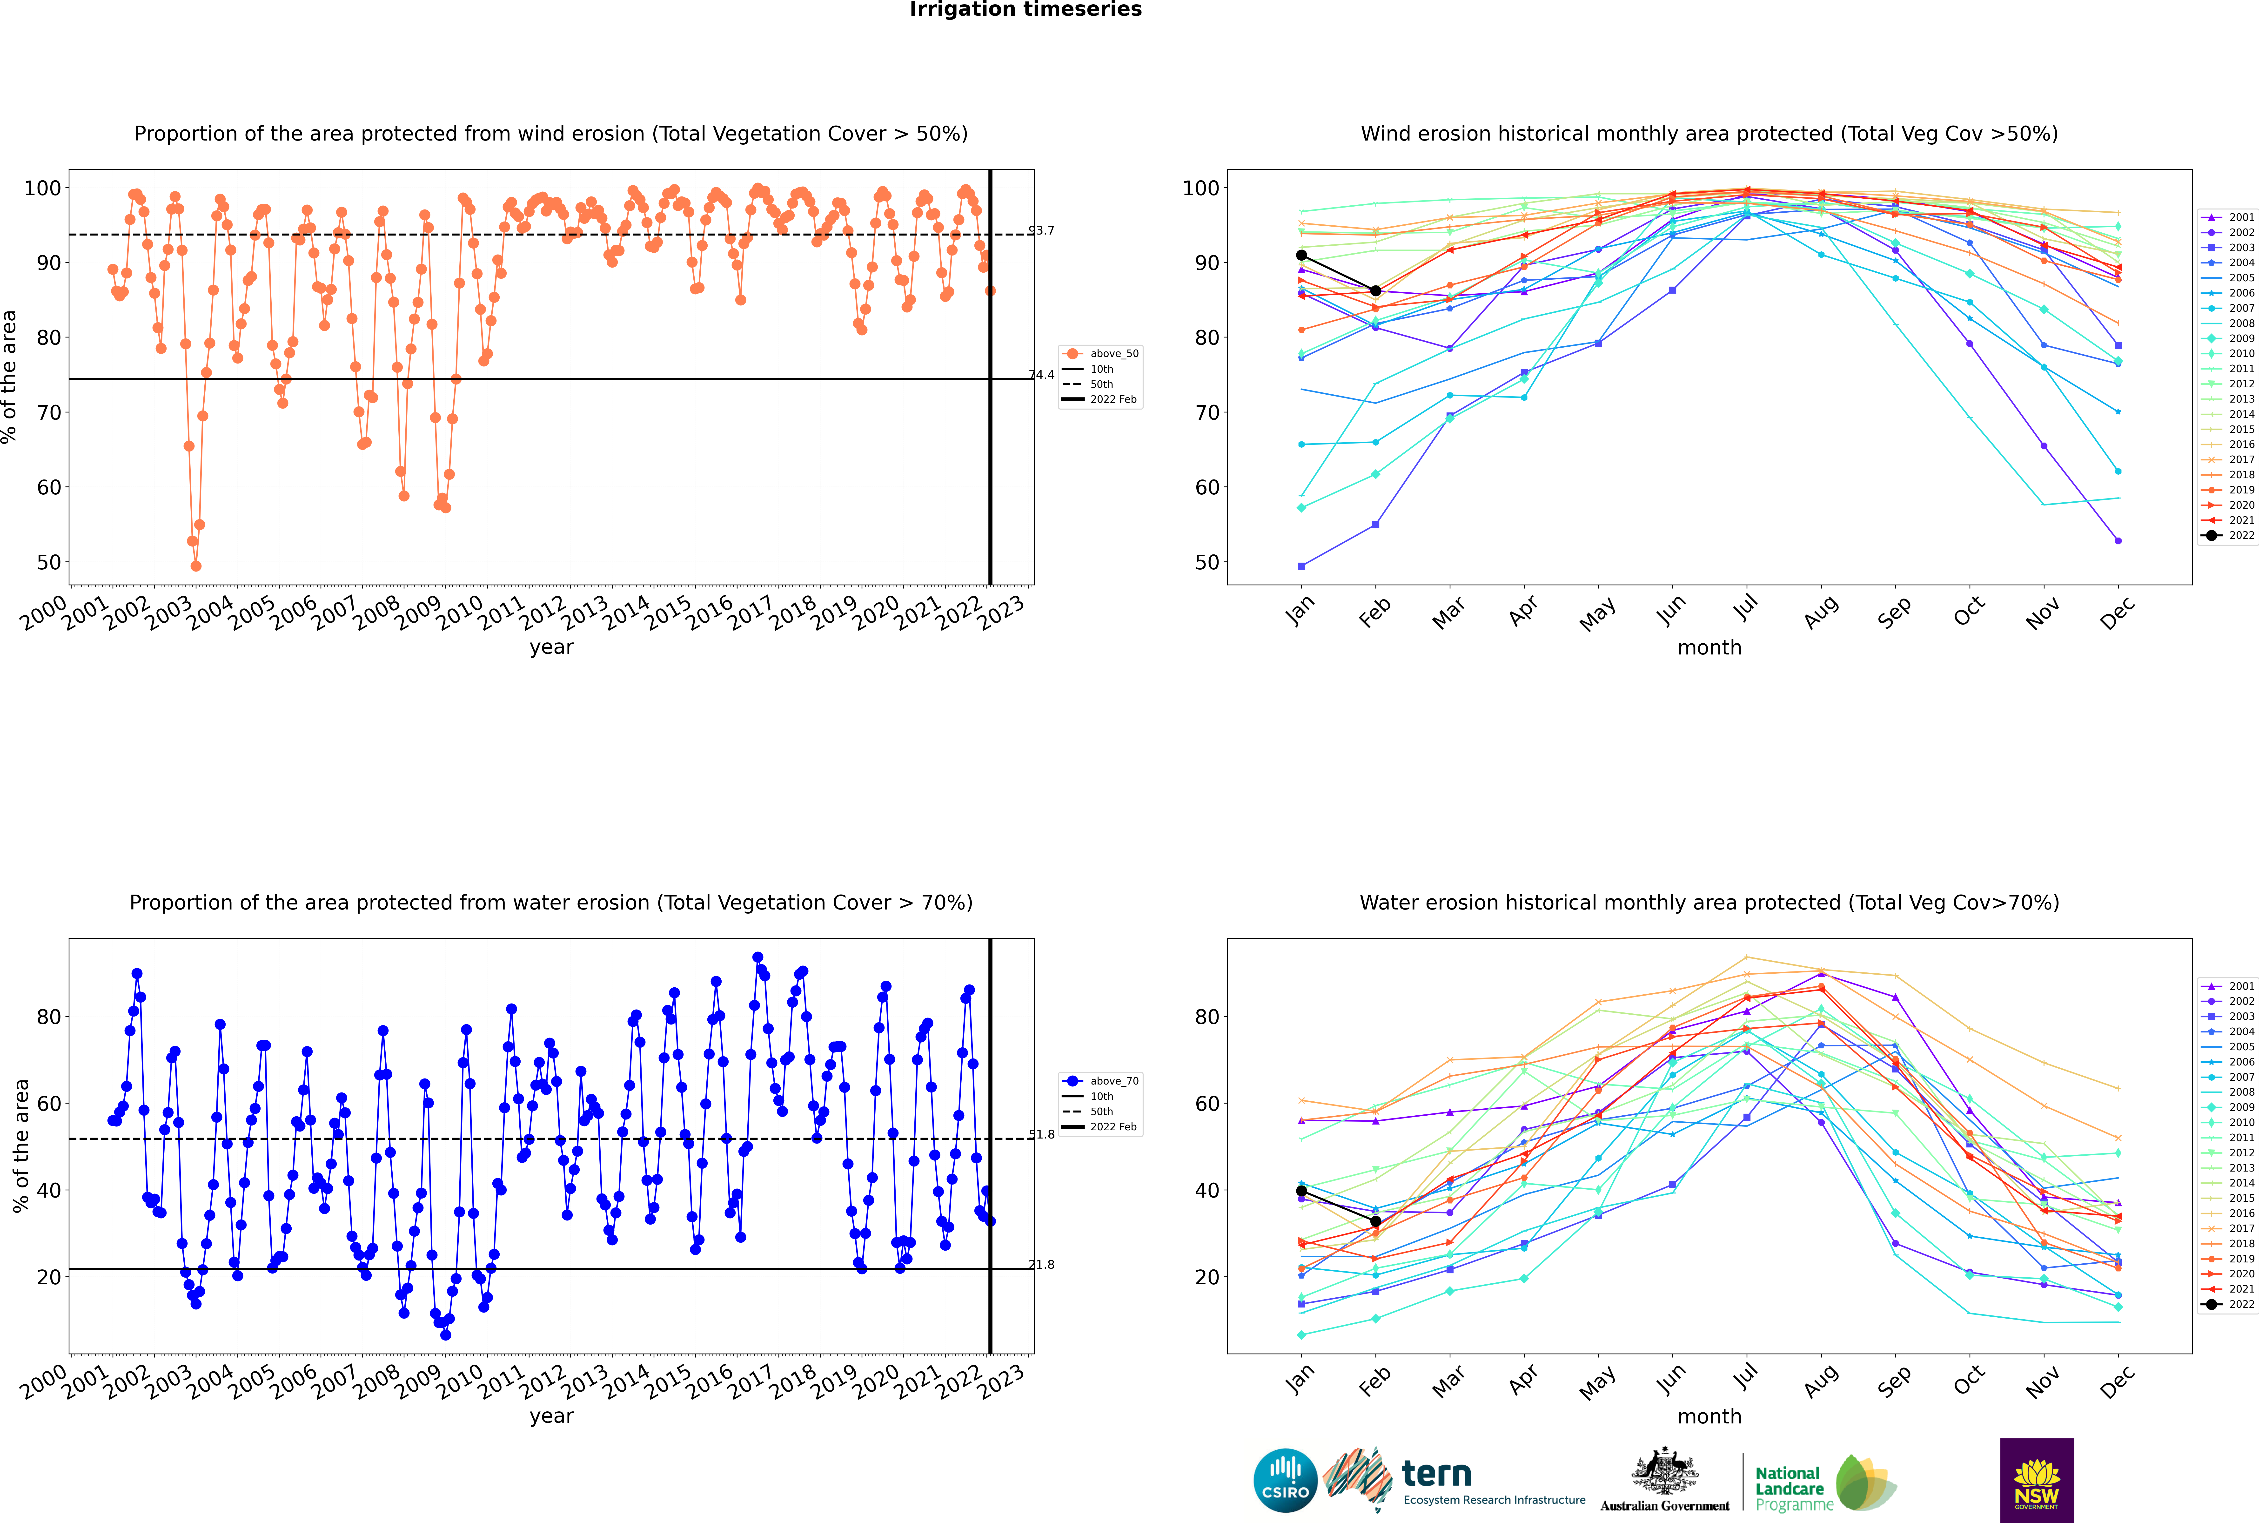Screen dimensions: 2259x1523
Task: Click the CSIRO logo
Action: point(1285,1480)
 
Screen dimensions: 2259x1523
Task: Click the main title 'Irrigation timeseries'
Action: point(1026,10)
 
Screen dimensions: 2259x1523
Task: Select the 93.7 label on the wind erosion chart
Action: point(1041,230)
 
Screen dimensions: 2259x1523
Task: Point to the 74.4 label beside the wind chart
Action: point(1041,375)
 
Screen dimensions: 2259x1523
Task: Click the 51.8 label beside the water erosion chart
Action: point(1041,1134)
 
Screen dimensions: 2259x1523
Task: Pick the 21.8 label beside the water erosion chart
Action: point(1041,1265)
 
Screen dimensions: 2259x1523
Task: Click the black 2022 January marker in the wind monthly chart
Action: point(1301,256)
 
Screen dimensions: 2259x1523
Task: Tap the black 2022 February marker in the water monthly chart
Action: point(1375,1222)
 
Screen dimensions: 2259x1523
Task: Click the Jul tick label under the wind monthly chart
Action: point(1745,609)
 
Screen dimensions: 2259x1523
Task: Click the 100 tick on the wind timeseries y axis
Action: point(42,189)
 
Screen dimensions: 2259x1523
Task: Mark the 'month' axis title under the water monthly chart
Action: point(1709,1416)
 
